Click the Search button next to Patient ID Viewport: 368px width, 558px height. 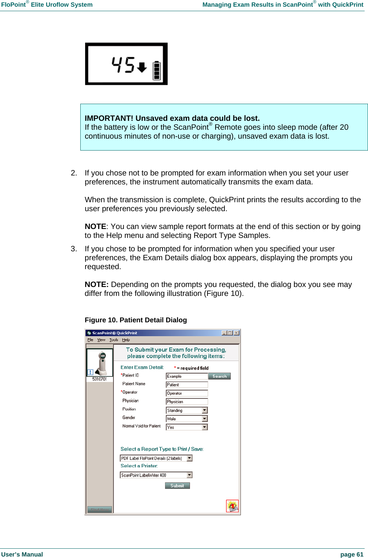(219, 376)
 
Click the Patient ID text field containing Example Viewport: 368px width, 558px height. (187, 376)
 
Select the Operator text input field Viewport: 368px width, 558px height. (187, 393)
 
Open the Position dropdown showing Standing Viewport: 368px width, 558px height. (186, 410)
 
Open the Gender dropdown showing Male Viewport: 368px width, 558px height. (186, 419)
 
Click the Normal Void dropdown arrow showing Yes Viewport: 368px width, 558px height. (204, 427)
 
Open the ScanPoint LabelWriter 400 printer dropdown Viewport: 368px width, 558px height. (156, 475)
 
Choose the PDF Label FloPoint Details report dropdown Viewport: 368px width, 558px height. (156, 458)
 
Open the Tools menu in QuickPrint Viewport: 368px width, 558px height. (113, 340)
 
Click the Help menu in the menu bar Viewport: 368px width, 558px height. (126, 340)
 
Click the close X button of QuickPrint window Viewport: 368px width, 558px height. (236, 333)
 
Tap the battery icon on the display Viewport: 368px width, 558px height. (157, 70)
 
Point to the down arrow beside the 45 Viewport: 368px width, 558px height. (142, 67)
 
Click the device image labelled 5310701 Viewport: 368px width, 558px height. (100, 364)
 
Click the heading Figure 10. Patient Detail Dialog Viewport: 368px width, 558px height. (136, 320)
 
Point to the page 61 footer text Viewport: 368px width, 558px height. (352, 554)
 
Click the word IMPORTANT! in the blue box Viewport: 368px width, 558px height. (109, 118)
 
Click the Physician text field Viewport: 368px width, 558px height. (187, 401)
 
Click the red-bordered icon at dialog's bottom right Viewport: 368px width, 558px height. (232, 506)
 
